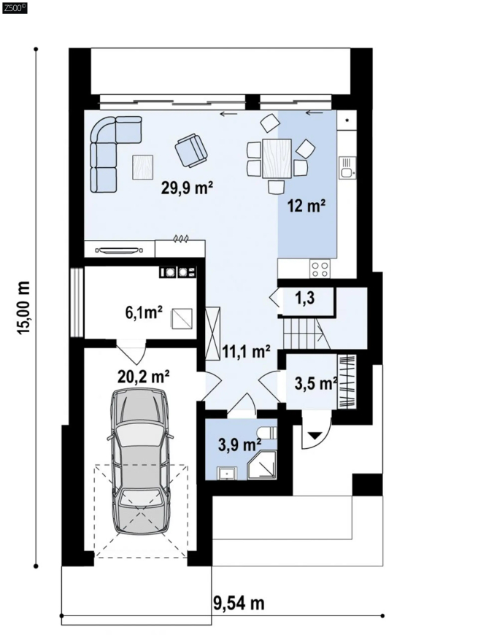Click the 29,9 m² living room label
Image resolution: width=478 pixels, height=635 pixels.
[x=187, y=188]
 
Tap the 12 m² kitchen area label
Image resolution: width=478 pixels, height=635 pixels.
[x=307, y=206]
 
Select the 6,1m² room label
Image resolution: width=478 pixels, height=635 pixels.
[x=144, y=312]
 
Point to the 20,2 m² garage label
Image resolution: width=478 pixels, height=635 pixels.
[x=143, y=377]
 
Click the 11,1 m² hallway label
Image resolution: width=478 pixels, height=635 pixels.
[x=246, y=352]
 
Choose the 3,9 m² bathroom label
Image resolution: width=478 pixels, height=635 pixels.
[x=239, y=445]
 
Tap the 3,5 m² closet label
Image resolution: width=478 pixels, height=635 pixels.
[x=316, y=383]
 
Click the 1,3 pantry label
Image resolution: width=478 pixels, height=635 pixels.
[x=305, y=299]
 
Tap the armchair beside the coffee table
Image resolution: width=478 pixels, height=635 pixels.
[x=191, y=150]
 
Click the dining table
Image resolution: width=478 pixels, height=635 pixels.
[x=277, y=158]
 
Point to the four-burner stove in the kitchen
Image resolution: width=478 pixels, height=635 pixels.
[x=320, y=269]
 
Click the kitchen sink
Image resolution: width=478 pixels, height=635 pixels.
[x=347, y=168]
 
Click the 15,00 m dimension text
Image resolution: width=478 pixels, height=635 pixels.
[x=23, y=307]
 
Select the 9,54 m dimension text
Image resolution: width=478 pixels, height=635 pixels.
[x=239, y=603]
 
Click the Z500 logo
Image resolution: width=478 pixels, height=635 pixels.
[x=15, y=8]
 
